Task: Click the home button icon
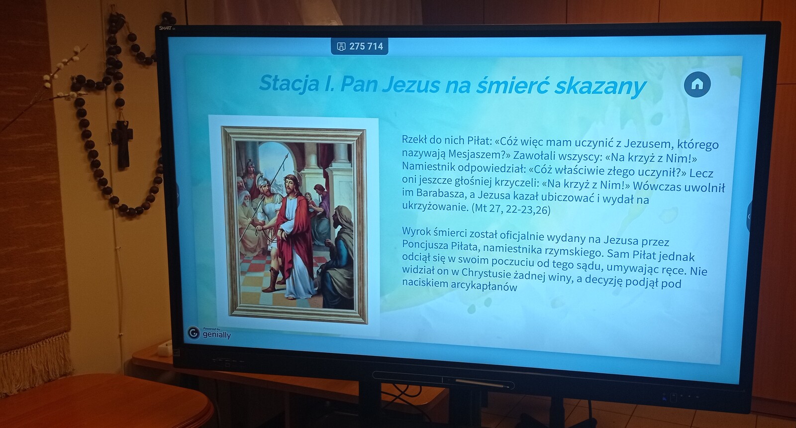697,84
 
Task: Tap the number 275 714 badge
359,46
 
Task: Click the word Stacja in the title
289,83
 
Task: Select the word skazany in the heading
600,87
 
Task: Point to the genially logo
209,333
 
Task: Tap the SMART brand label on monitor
166,28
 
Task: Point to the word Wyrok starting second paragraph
416,231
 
